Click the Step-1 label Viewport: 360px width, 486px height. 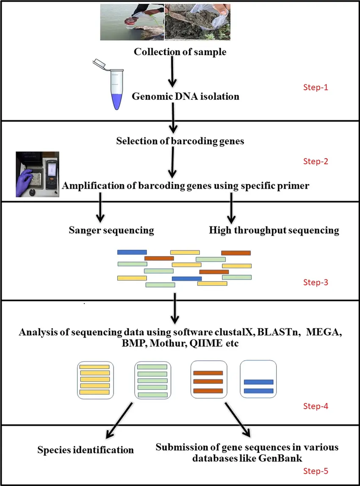[316, 88]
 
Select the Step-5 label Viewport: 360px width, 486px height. [316, 470]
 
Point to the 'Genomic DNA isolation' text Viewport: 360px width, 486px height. [186, 97]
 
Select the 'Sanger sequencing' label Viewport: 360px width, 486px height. [111, 231]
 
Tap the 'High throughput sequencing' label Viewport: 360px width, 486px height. [274, 231]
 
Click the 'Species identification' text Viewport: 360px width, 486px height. [86, 450]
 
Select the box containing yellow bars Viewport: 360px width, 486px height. [95, 380]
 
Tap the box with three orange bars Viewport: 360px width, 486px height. [208, 380]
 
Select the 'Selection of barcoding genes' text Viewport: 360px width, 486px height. [180, 141]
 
